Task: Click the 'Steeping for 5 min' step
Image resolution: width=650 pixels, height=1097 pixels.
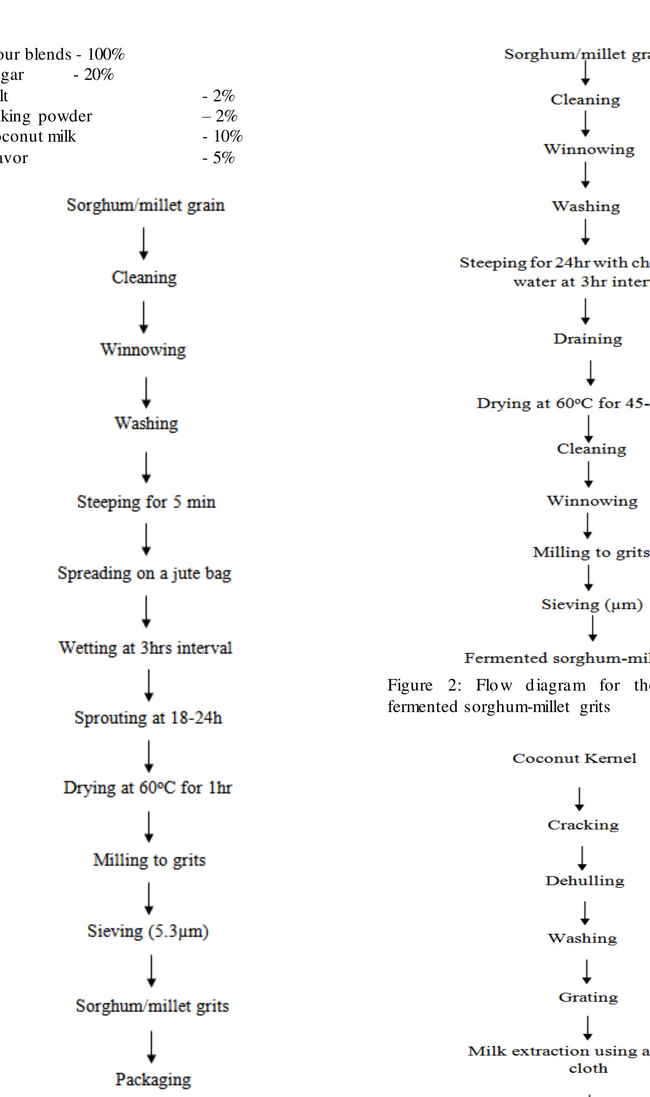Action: point(146,502)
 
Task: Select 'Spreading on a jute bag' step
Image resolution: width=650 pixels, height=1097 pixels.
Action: point(144,573)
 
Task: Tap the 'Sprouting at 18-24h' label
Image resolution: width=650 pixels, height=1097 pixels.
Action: point(148,718)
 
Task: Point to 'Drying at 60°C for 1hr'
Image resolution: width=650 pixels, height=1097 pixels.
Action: point(148,788)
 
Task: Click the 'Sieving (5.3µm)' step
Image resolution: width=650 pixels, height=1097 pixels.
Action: point(148,931)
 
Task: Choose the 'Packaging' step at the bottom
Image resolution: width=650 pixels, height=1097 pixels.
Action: point(153,1079)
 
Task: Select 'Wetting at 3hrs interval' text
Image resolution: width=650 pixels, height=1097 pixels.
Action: point(146,648)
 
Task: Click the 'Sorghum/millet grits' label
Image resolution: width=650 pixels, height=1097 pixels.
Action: point(152,1006)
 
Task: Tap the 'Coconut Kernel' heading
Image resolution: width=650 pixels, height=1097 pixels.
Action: point(574,759)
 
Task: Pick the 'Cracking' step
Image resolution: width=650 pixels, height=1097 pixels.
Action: point(583,825)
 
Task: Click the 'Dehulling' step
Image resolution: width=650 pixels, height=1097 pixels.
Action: point(585,881)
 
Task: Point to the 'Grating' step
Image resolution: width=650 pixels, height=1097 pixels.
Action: point(588,997)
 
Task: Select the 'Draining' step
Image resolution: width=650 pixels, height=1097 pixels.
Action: point(587,339)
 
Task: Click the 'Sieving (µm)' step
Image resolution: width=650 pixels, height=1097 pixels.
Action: point(592,605)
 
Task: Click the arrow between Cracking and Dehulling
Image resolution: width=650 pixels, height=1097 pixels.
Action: point(582,858)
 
